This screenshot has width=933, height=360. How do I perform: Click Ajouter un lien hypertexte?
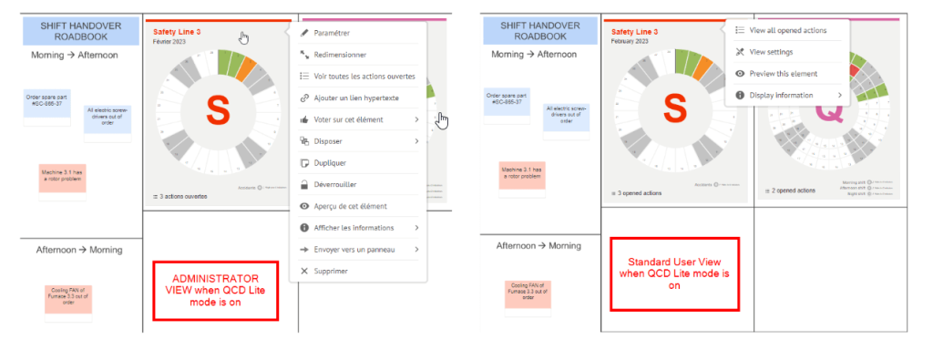click(x=355, y=98)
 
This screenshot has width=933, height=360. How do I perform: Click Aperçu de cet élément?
click(x=350, y=206)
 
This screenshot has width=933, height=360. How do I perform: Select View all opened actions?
click(x=787, y=30)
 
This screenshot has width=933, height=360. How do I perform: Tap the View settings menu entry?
click(x=770, y=52)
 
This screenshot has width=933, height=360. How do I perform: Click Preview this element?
click(x=783, y=73)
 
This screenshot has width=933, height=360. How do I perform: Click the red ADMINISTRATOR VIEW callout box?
click(x=215, y=290)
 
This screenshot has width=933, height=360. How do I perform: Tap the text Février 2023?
click(x=167, y=42)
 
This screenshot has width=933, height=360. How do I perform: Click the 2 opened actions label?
click(x=795, y=190)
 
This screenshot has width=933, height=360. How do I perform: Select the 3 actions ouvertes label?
click(x=183, y=196)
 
